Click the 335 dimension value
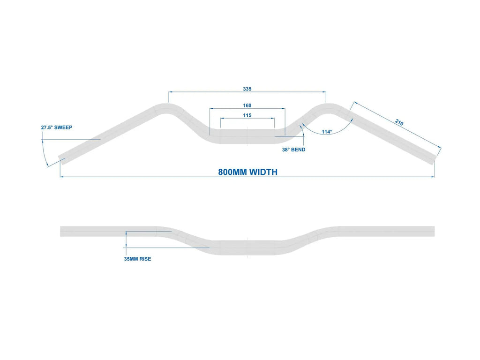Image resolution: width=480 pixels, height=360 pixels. click(x=247, y=89)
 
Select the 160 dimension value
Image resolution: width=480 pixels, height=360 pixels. click(x=247, y=105)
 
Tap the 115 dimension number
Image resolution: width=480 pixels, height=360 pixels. click(x=247, y=115)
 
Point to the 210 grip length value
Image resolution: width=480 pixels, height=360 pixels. click(x=399, y=122)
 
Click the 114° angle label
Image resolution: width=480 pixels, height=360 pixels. click(x=327, y=132)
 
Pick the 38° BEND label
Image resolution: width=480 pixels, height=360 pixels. click(x=293, y=150)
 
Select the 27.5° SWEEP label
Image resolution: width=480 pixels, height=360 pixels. click(x=57, y=127)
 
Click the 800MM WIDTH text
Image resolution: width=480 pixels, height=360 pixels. click(x=247, y=172)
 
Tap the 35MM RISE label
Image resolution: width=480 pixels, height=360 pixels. click(x=137, y=259)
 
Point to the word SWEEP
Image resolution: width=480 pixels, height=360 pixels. click(x=63, y=127)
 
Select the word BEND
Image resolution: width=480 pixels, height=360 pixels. click(x=298, y=150)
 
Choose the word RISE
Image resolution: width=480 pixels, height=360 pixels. click(x=145, y=259)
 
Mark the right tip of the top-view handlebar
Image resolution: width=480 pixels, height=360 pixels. click(x=435, y=160)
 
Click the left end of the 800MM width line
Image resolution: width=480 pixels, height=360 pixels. click(x=60, y=177)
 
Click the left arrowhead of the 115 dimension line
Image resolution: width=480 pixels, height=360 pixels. click(x=222, y=118)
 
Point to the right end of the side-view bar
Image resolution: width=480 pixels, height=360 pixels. click(x=435, y=232)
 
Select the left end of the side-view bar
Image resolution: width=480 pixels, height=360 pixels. click(x=60, y=232)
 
